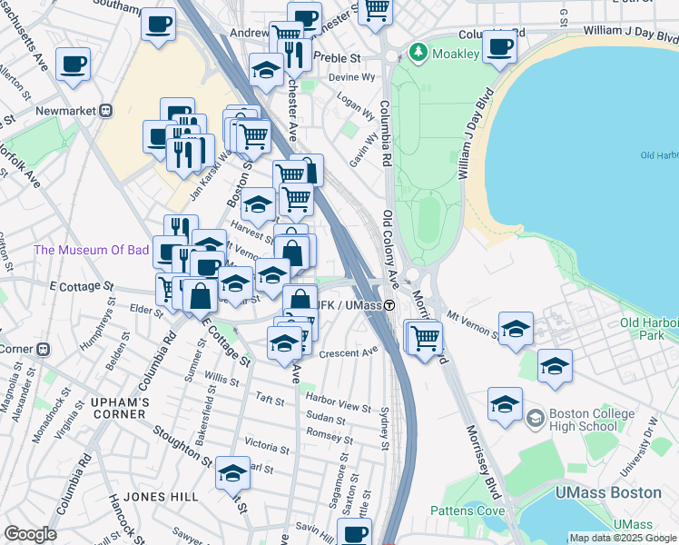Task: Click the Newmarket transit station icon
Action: coord(106,111)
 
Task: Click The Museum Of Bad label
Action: coord(90,250)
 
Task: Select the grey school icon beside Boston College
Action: coord(536,418)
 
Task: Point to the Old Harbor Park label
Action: coord(648,329)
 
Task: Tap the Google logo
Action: coord(30,534)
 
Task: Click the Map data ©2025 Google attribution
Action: coord(623,538)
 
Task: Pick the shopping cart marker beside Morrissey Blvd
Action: coord(425,337)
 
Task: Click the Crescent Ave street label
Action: coord(348,352)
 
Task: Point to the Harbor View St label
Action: coord(339,408)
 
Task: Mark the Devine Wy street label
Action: coord(351,78)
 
